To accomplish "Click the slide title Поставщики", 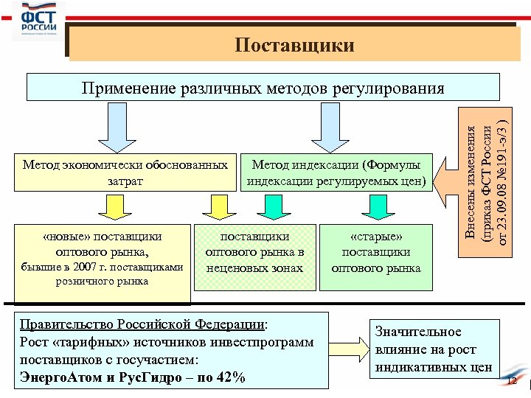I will click(295, 46).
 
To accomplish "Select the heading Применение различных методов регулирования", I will click(263, 89).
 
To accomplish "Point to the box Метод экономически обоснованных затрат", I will click(124, 172).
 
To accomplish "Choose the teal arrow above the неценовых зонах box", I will click(274, 207).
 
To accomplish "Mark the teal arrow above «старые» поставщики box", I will click(380, 207).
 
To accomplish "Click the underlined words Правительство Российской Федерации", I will click(142, 324).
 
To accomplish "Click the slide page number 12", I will click(513, 380).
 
